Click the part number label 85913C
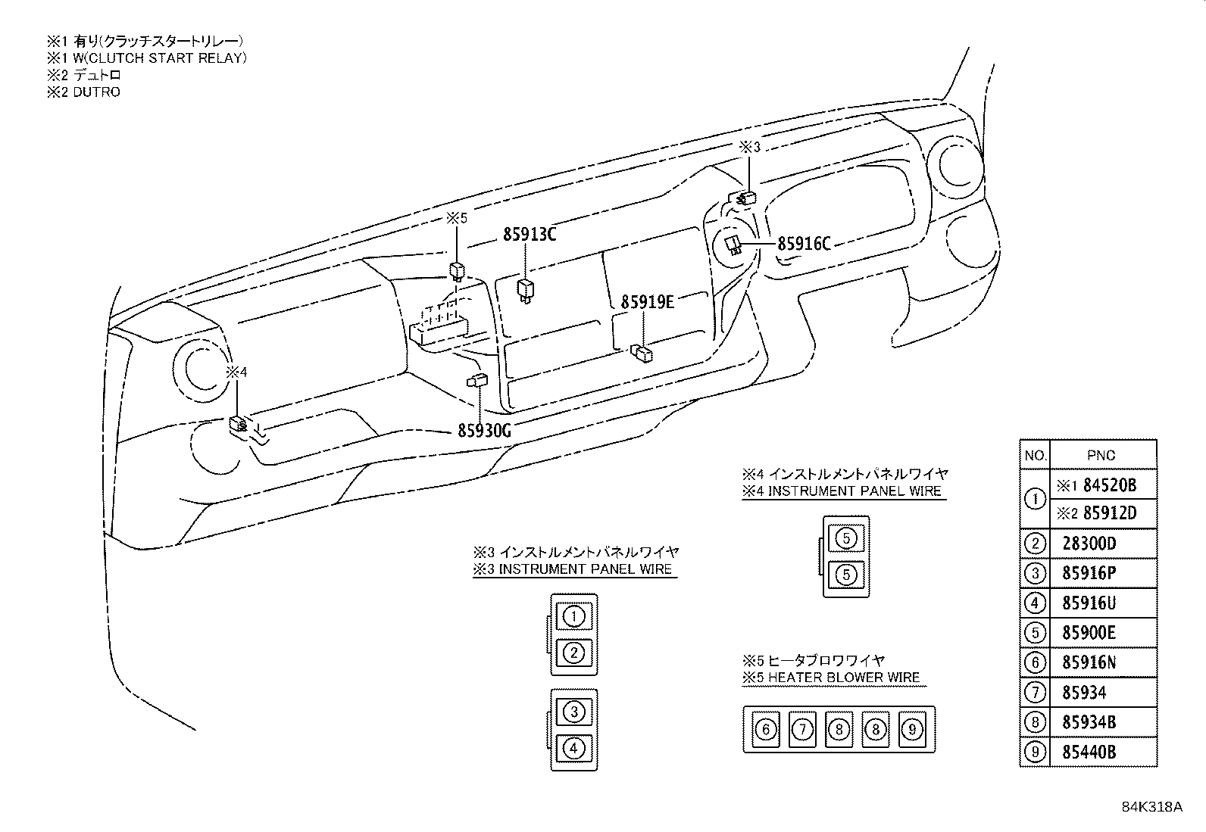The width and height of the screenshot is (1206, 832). click(530, 235)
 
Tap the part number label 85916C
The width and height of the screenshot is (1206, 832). click(805, 244)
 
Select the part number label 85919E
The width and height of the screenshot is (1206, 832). click(647, 302)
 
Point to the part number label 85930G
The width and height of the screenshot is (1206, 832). click(485, 431)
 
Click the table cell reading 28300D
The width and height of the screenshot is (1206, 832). click(1089, 544)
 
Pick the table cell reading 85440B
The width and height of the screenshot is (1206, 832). click(1089, 753)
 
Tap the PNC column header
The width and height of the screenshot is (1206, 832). click(1101, 456)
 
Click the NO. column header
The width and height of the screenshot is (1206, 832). click(1035, 456)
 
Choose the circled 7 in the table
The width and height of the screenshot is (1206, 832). click(1035, 692)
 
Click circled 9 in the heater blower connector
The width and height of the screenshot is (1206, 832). click(912, 730)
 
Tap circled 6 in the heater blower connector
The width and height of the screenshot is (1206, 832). click(766, 730)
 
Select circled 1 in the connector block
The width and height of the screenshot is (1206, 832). click(574, 616)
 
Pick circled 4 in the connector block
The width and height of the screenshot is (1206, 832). click(574, 749)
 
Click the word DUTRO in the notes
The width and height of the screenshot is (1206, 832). click(96, 92)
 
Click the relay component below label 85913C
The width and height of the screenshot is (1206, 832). click(524, 288)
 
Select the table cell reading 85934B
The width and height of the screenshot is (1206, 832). click(1089, 722)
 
